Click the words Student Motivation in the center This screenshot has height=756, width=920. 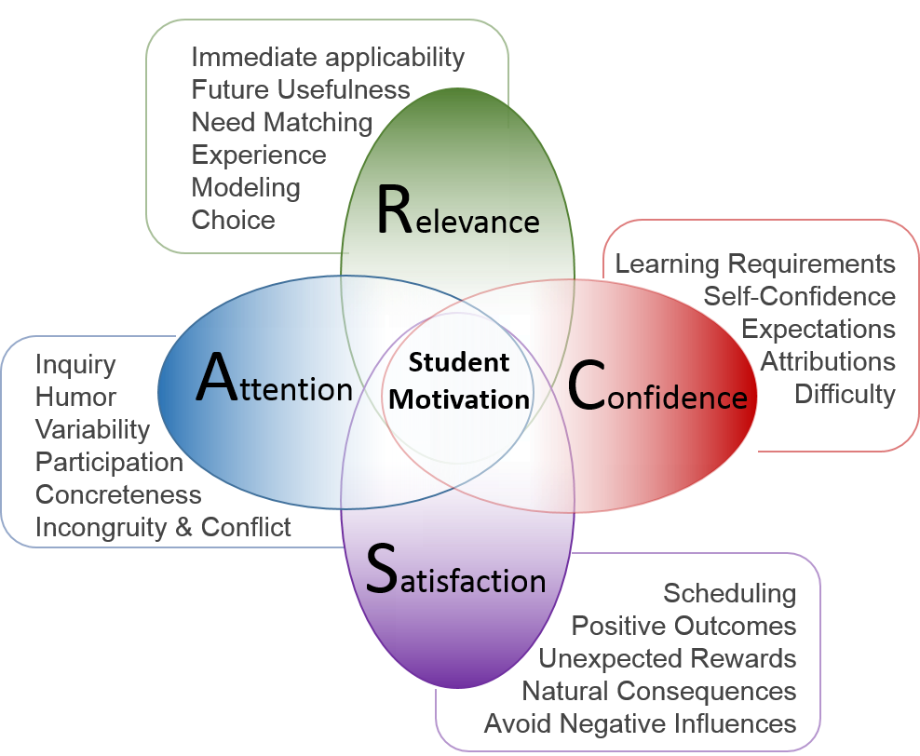tap(459, 381)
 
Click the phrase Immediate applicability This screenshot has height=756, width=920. tap(327, 58)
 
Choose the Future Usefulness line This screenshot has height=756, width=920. tap(300, 90)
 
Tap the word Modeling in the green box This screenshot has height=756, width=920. tap(246, 187)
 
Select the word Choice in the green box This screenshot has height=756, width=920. tap(233, 220)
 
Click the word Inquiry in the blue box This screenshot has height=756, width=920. tap(75, 365)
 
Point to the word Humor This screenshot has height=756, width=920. tap(75, 398)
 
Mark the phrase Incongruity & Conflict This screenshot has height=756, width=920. tap(163, 527)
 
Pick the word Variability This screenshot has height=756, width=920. tap(92, 430)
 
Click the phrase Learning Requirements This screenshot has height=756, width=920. tap(755, 264)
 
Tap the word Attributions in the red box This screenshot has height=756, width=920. tap(828, 361)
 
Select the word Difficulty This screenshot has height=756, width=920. tap(845, 394)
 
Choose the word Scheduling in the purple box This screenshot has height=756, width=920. tap(729, 594)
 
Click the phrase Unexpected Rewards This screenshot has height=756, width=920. tap(667, 659)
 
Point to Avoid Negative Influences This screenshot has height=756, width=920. tap(640, 723)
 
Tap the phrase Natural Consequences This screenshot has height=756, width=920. tap(658, 692)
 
